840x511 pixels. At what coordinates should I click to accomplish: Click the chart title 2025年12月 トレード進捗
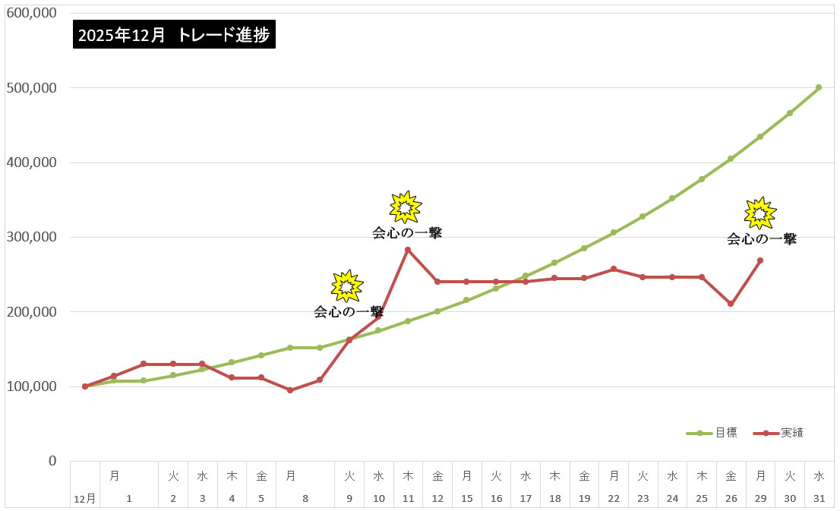pyautogui.click(x=174, y=34)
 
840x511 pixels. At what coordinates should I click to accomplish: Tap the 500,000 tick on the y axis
pyautogui.click(x=31, y=88)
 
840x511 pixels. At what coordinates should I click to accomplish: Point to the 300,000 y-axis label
pyautogui.click(x=31, y=237)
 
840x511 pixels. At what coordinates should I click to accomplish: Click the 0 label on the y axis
pyautogui.click(x=52, y=461)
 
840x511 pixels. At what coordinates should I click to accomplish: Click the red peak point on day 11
pyautogui.click(x=408, y=250)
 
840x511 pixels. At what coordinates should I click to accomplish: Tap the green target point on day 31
pyautogui.click(x=819, y=87)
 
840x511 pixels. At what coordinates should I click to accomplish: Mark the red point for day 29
pyautogui.click(x=760, y=260)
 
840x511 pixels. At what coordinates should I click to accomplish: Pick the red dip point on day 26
pyautogui.click(x=731, y=304)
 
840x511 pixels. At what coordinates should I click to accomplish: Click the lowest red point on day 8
pyautogui.click(x=290, y=390)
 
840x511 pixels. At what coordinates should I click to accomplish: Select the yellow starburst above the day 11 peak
pyautogui.click(x=405, y=207)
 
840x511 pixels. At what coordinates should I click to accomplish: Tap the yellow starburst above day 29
pyautogui.click(x=759, y=213)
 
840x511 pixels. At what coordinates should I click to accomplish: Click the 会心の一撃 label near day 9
pyautogui.click(x=349, y=312)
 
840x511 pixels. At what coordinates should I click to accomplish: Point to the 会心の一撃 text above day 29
pyautogui.click(x=762, y=239)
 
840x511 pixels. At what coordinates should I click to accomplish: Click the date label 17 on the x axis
pyautogui.click(x=526, y=499)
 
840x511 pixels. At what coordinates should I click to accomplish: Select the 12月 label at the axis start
pyautogui.click(x=85, y=499)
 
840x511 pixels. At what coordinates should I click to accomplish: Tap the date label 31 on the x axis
pyautogui.click(x=819, y=499)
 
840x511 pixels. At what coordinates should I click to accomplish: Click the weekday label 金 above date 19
pyautogui.click(x=584, y=476)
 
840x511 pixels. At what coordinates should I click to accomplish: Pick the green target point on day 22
pyautogui.click(x=614, y=232)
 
